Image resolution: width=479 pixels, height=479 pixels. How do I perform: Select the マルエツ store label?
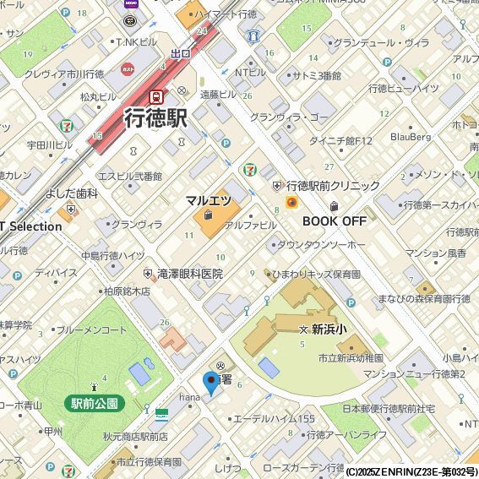[209, 201]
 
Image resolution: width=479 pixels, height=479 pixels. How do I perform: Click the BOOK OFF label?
[335, 220]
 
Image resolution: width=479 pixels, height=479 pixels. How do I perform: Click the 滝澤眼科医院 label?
[188, 274]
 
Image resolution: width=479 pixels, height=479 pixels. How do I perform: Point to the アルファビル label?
[250, 226]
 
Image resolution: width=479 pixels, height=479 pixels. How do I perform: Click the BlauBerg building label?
[411, 136]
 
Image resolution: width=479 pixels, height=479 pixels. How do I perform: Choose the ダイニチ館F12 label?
[340, 140]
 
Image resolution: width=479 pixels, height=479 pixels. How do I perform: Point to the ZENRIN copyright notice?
[411, 471]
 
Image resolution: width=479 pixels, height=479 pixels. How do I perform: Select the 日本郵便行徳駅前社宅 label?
[389, 409]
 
